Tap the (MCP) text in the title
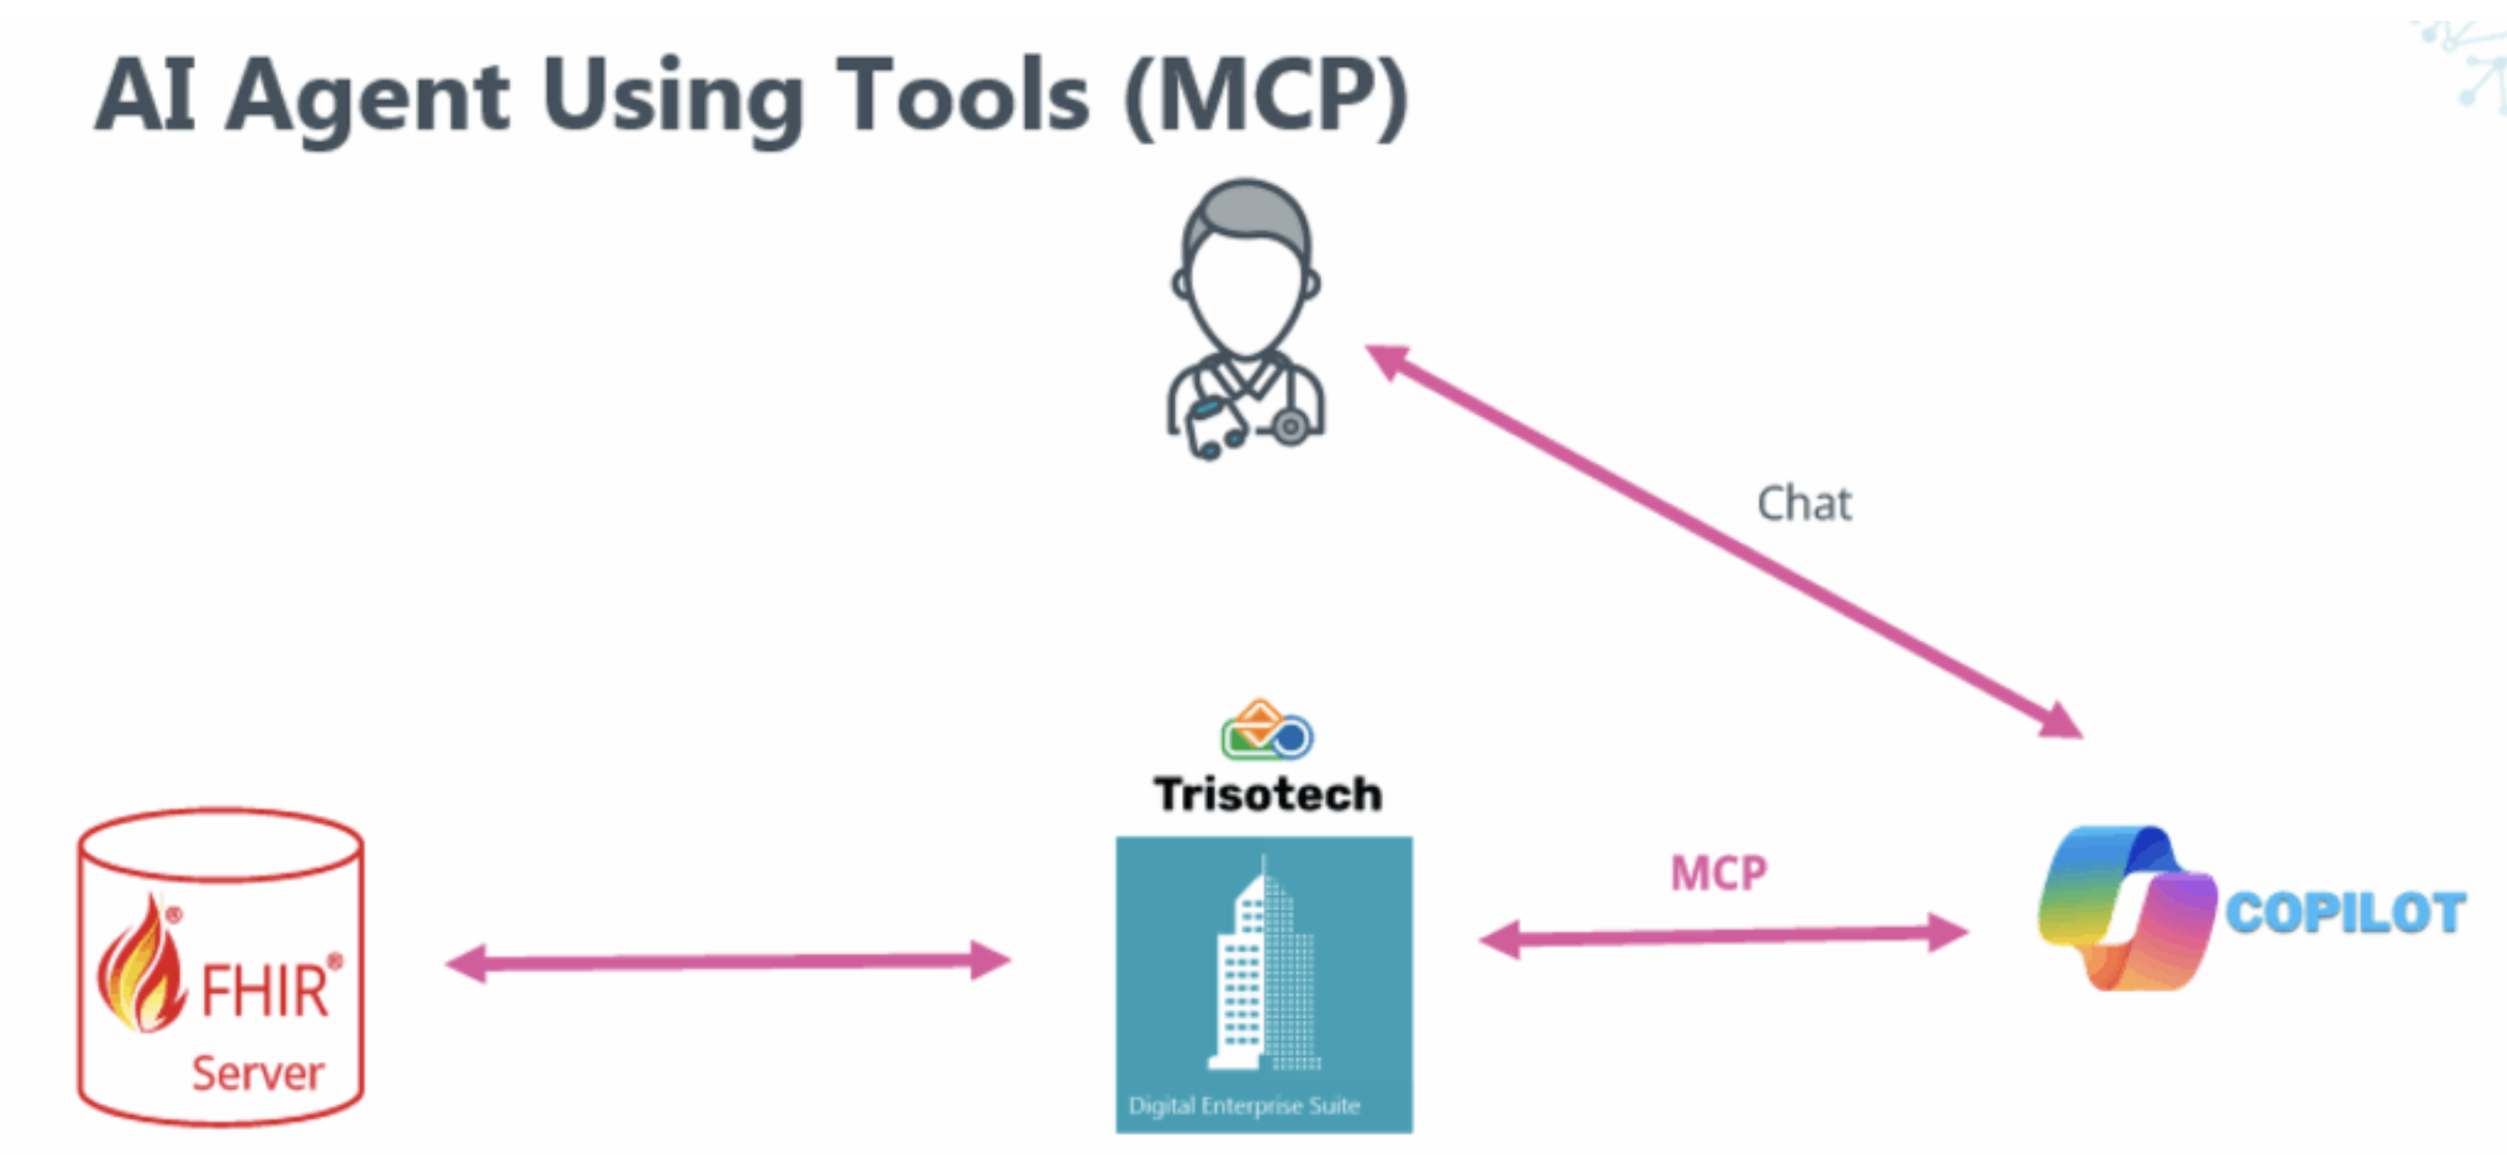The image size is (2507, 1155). pos(1265,97)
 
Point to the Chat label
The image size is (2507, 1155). pos(1803,504)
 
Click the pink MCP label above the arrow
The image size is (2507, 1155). pos(1718,873)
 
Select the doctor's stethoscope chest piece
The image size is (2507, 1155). pos(1291,427)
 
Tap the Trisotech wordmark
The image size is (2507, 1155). pos(1267,794)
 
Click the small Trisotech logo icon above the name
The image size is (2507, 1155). pos(1266,730)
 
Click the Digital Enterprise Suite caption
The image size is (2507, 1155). pos(1244,1105)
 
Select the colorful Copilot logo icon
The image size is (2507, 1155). pos(2126,908)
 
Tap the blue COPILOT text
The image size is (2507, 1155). pos(2346,913)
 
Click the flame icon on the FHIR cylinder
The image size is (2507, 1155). pos(141,968)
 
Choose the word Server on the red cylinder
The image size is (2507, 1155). pos(258,1074)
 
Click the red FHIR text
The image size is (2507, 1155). pos(264,991)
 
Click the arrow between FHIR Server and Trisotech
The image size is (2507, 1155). pos(728,962)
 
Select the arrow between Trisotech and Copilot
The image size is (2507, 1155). pos(1723,937)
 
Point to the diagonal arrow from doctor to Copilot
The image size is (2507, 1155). pos(1723,541)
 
